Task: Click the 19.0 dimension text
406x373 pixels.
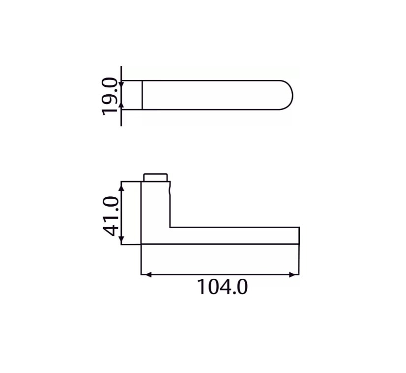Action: [x=110, y=96]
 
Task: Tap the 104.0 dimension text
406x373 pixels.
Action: [x=222, y=287]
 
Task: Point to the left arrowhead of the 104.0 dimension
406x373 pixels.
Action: [x=145, y=274]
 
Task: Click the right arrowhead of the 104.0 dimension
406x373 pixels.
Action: [x=295, y=274]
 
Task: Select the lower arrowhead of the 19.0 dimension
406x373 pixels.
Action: [x=121, y=105]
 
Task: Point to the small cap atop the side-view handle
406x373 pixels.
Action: [x=155, y=177]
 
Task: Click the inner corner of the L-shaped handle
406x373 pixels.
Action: [x=171, y=227]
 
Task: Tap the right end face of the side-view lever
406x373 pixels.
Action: [x=299, y=236]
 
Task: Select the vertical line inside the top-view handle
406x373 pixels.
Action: [x=142, y=95]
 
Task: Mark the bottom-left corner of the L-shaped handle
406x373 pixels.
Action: [x=142, y=243]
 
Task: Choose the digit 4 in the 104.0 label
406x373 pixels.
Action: [x=222, y=287]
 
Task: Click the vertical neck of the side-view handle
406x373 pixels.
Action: [x=156, y=206]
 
